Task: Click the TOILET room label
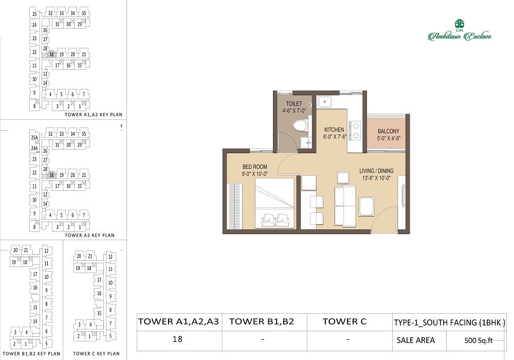point(293,103)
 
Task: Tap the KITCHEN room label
point(334,130)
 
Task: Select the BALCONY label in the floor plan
point(389,131)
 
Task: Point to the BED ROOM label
point(255,167)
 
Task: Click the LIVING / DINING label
point(376,171)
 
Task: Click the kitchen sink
point(324,102)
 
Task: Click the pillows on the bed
point(276,219)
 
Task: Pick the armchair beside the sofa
point(367,206)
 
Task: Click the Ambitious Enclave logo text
point(460,36)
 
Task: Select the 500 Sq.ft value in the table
point(478,340)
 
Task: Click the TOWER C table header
point(344,321)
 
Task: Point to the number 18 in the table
point(177,339)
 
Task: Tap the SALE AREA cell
point(416,340)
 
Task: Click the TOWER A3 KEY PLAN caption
point(89,236)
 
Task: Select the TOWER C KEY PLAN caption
point(96,354)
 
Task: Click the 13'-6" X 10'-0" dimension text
point(376,178)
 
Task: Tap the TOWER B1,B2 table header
point(262,321)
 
